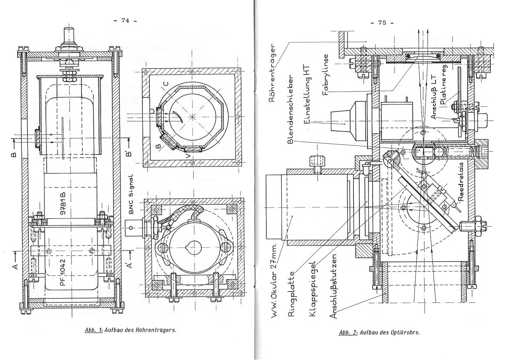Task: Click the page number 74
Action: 125,20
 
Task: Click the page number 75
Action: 382,23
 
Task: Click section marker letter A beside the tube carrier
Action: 13,266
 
